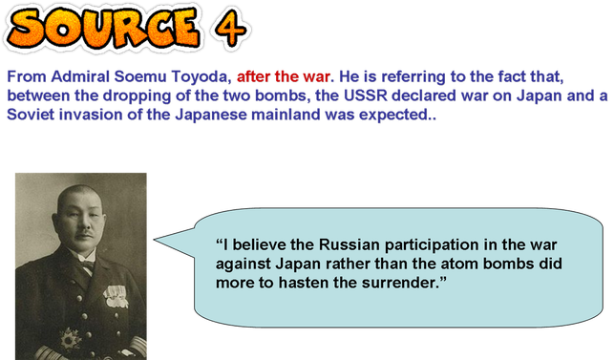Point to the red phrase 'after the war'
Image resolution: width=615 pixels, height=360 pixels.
pyautogui.click(x=273, y=76)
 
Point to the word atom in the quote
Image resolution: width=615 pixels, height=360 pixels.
pyautogui.click(x=468, y=263)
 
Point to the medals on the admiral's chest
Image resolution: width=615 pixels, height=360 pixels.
pyautogui.click(x=115, y=296)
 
